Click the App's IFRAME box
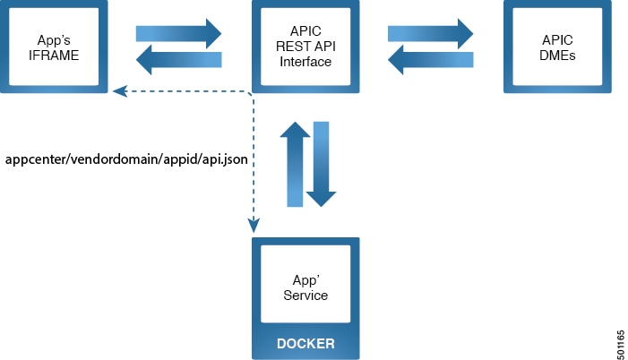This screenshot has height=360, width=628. tap(55, 47)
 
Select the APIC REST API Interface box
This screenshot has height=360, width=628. tap(305, 47)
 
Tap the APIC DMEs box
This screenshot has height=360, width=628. tap(556, 47)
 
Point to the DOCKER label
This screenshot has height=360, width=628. tap(305, 343)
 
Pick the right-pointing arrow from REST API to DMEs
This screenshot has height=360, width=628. tap(429, 33)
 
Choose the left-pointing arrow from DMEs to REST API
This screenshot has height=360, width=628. tap(429, 61)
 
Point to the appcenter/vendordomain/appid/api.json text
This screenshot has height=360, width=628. tap(126, 159)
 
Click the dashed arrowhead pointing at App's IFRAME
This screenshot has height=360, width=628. tap(118, 90)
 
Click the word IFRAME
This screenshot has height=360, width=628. tap(55, 56)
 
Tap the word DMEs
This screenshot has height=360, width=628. tap(556, 56)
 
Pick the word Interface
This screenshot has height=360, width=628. tap(305, 63)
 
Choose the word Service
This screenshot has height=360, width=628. tap(305, 296)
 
